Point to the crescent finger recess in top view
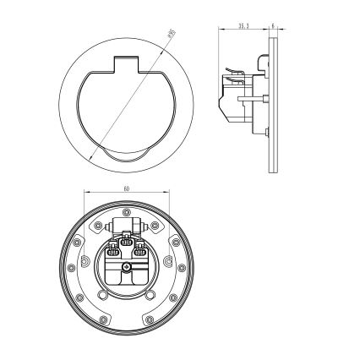124,154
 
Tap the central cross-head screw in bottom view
126,269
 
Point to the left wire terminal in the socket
112,251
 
